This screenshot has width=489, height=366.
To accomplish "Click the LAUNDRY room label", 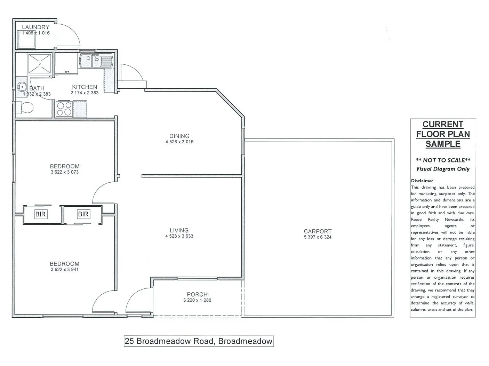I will click(35, 27).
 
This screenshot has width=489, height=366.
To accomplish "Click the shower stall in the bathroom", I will click(40, 64).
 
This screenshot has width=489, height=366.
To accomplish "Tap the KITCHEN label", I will click(85, 87).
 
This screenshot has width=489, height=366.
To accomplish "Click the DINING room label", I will click(179, 136).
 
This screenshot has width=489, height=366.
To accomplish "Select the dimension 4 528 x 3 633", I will click(179, 236).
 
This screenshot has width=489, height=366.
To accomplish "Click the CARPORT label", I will click(318, 231).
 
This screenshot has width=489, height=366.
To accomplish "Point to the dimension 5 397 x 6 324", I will click(318, 237).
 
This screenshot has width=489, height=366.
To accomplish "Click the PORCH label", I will click(197, 294).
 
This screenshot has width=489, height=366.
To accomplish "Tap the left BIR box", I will click(40, 214).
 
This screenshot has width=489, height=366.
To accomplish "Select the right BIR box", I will click(83, 214).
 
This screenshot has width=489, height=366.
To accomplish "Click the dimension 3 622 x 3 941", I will click(64, 270).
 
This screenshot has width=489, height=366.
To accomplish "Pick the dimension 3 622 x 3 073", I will click(64, 172).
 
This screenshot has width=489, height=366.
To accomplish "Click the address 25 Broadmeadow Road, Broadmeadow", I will click(199, 341).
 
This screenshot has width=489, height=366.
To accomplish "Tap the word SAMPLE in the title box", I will click(443, 144).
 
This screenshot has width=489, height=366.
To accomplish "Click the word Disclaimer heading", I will click(422, 181).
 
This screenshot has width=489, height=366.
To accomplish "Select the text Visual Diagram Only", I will click(443, 169).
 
